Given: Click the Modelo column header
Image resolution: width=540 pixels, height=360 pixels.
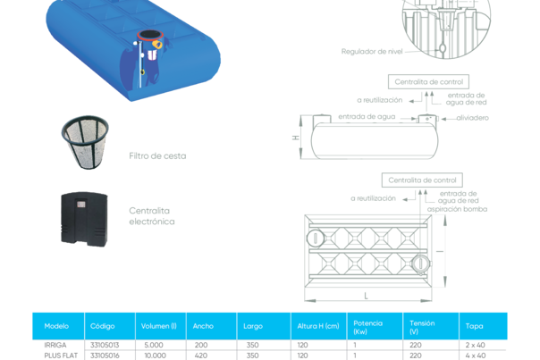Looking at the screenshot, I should click(x=56, y=326).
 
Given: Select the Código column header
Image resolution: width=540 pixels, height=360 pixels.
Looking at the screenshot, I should click(x=103, y=326).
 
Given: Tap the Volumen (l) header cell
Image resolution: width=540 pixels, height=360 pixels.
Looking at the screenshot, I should click(x=159, y=326).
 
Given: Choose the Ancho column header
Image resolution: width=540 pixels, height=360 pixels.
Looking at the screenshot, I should click(x=203, y=326).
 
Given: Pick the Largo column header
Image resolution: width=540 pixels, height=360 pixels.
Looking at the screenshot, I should click(x=253, y=326).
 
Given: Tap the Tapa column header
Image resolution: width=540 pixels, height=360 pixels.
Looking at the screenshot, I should click(x=474, y=326).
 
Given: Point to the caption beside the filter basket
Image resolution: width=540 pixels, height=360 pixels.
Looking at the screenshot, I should click(x=157, y=155).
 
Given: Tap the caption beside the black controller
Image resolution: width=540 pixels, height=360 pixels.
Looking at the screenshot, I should click(x=151, y=215).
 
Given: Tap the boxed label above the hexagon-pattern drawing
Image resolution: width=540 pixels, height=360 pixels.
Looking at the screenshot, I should click(x=425, y=180).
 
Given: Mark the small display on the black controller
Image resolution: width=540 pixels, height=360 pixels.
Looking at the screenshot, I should click(x=80, y=202).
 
